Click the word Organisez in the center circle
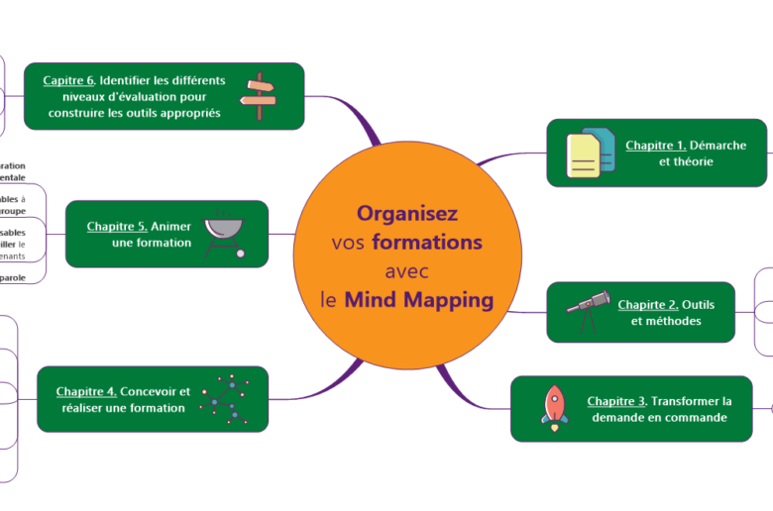click(x=407, y=213)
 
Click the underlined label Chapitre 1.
click(x=655, y=146)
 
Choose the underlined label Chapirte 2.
click(x=648, y=304)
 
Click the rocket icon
click(x=555, y=408)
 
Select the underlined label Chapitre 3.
click(x=616, y=401)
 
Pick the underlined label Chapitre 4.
click(x=86, y=391)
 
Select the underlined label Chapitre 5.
click(x=117, y=226)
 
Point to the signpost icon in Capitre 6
click(x=259, y=96)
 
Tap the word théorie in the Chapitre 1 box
click(x=693, y=161)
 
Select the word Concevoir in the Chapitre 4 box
click(x=149, y=391)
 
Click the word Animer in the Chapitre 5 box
click(x=171, y=226)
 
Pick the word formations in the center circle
click(x=434, y=243)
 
